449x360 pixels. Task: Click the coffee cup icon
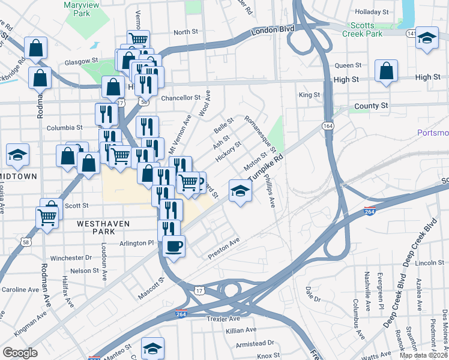(x=174, y=246)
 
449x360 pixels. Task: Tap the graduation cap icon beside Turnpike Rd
(x=240, y=191)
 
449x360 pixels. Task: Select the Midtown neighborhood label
(x=18, y=176)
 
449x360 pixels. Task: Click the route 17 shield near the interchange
(x=200, y=290)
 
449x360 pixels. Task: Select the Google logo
(x=20, y=352)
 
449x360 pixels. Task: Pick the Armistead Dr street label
(x=255, y=343)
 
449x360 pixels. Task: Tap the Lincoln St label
(x=429, y=263)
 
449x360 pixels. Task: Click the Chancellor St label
(x=181, y=97)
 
